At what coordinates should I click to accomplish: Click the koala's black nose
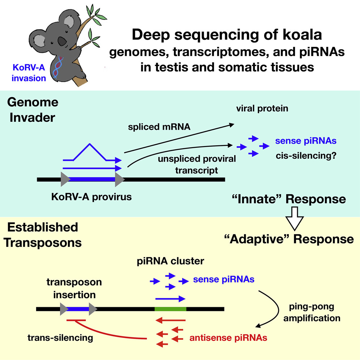tap(62, 41)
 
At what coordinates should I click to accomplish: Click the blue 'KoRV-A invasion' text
tap(29, 73)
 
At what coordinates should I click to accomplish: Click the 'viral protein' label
tap(262, 108)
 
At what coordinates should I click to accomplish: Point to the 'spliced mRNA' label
tap(159, 127)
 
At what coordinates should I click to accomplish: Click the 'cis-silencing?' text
tap(306, 156)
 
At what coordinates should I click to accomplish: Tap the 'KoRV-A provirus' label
tap(91, 197)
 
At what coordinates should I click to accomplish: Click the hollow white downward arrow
tap(295, 218)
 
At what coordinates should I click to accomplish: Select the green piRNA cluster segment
tap(170, 309)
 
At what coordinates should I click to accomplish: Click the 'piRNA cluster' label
tap(170, 261)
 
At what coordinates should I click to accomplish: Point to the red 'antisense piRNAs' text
tap(228, 338)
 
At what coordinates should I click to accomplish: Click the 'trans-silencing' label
tap(60, 338)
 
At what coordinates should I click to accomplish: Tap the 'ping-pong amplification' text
tap(312, 312)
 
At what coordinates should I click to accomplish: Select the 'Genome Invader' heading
tap(33, 110)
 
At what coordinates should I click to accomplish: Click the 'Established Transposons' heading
tap(43, 235)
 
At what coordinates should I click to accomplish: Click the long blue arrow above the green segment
tap(170, 299)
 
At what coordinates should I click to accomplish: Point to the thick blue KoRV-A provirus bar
tap(92, 179)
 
